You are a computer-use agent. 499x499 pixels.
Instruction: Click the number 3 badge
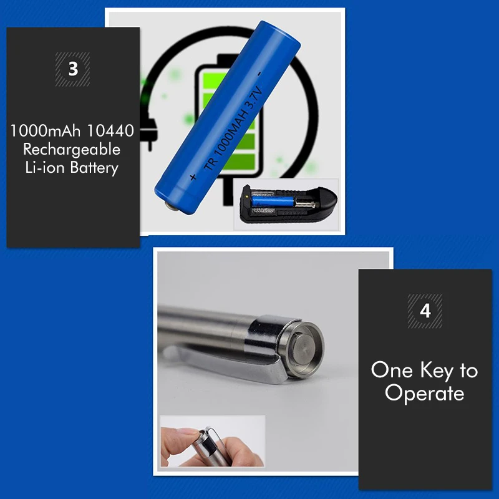tap(73, 69)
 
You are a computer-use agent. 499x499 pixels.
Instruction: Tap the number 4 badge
tap(425, 311)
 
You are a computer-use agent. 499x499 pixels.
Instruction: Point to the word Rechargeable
tap(72, 150)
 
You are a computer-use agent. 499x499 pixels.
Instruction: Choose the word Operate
tap(424, 394)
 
